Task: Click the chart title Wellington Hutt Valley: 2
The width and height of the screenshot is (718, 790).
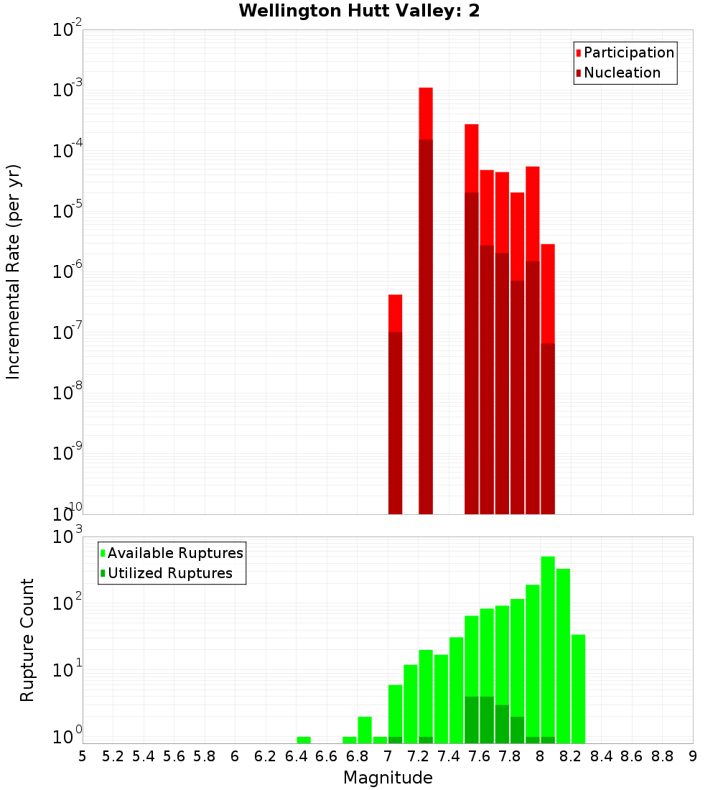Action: tap(359, 11)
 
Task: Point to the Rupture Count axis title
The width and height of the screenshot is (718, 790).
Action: tap(27, 640)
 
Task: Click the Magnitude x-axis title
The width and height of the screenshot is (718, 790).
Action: tap(388, 778)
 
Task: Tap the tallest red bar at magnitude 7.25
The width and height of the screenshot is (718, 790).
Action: tap(426, 287)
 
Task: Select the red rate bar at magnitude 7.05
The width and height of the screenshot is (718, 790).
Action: tap(395, 402)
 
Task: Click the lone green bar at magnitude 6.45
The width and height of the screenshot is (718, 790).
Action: tap(304, 740)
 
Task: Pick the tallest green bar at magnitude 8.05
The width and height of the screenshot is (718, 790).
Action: tap(548, 646)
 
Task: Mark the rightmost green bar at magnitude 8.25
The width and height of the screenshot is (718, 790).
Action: tap(578, 688)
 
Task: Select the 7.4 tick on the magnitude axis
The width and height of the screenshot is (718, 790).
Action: tap(456, 756)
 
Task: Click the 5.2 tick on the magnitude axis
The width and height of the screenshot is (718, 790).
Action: tap(113, 756)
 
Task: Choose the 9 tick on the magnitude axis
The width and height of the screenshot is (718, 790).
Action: tap(693, 756)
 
